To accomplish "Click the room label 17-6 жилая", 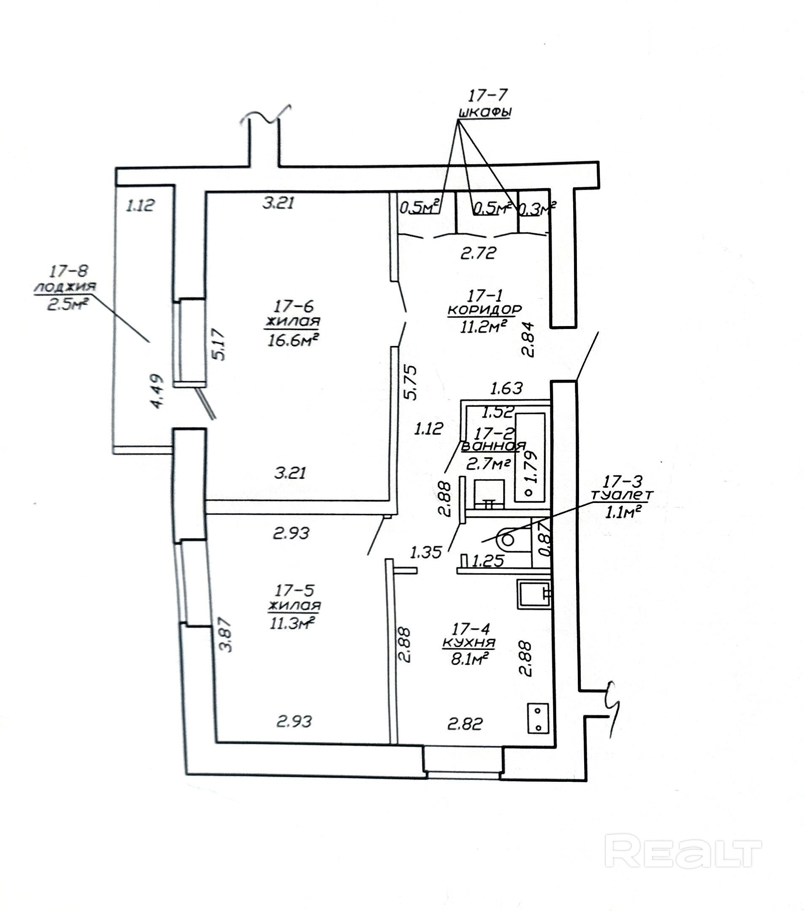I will (x=293, y=313).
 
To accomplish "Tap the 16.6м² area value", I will (x=293, y=340).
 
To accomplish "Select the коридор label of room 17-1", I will (x=484, y=309).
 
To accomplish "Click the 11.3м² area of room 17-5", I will (x=292, y=623).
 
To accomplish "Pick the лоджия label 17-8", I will (x=65, y=286).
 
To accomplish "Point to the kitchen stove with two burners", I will (x=538, y=718).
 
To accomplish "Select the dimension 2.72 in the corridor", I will (x=478, y=253).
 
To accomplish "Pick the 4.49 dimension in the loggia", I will (x=158, y=390).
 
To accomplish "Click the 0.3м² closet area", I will (x=538, y=209).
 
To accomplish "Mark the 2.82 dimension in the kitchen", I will (x=465, y=724).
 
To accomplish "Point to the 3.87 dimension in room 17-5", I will (x=227, y=635).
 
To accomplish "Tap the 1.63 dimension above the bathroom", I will (x=506, y=388).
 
